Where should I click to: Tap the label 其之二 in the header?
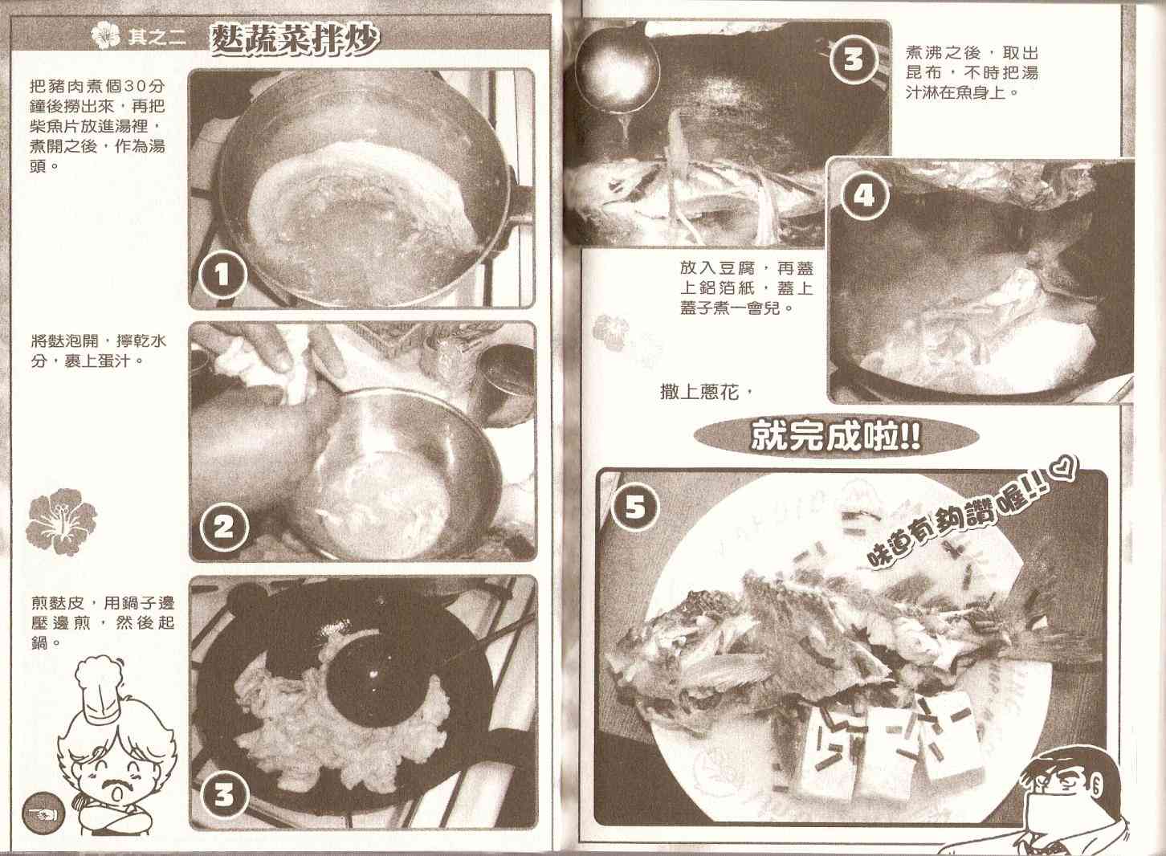click(x=156, y=38)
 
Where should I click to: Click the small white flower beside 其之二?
click(x=106, y=36)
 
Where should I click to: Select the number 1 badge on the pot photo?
click(x=223, y=275)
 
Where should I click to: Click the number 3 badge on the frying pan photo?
click(x=224, y=795)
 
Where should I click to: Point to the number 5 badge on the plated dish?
click(x=634, y=507)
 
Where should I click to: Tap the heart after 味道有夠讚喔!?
click(x=1062, y=473)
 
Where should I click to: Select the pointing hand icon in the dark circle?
click(x=43, y=813)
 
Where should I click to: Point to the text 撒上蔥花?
click(x=700, y=392)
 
